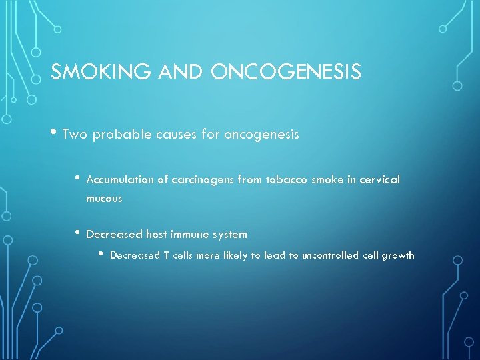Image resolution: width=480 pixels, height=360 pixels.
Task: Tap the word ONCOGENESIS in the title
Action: (286, 72)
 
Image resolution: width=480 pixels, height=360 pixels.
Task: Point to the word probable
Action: (117, 135)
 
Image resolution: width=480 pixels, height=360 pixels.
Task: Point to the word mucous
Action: (104, 199)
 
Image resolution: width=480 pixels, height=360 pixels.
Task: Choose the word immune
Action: (189, 235)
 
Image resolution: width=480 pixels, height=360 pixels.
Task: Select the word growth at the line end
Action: (397, 256)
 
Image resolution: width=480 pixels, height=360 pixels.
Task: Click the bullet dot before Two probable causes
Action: (53, 133)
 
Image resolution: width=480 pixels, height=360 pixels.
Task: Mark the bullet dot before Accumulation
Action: (78, 178)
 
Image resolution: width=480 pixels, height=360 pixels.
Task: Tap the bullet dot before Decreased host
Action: (78, 233)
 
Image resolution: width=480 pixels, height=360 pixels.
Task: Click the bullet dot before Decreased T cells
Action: (101, 254)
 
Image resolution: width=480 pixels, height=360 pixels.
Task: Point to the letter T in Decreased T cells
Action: (166, 255)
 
